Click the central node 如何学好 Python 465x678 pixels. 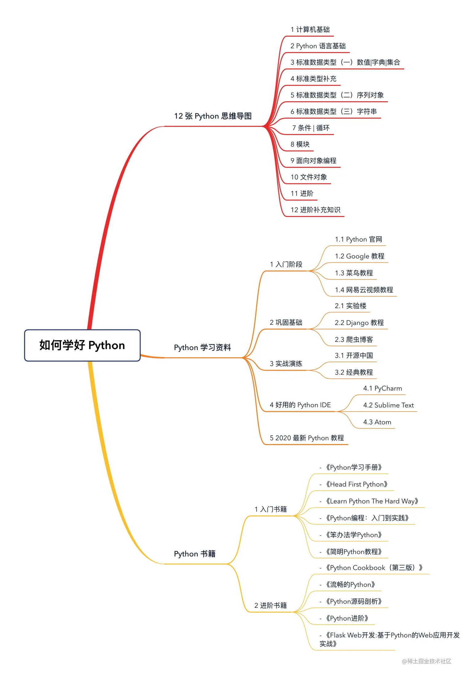click(x=82, y=345)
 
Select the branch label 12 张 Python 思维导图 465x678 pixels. click(x=213, y=116)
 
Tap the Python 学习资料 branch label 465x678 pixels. click(x=202, y=347)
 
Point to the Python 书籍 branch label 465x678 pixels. click(x=195, y=554)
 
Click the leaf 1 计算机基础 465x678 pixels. click(x=310, y=30)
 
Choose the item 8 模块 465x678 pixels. click(x=300, y=144)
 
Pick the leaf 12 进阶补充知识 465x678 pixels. click(x=315, y=210)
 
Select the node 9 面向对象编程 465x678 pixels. click(x=313, y=161)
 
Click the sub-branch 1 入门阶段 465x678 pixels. click(x=286, y=264)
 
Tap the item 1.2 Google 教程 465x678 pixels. click(x=360, y=256)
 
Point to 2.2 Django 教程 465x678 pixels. click(x=359, y=323)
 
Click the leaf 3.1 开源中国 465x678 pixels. click(x=354, y=355)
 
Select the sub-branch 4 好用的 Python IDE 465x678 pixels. click(x=300, y=405)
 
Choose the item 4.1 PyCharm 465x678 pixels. click(x=383, y=388)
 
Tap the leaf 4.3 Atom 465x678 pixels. click(x=377, y=422)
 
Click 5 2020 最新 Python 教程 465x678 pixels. click(x=307, y=438)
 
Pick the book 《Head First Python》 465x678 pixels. click(x=356, y=484)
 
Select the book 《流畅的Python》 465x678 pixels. click(x=350, y=584)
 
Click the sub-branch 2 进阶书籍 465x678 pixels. click(x=270, y=605)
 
